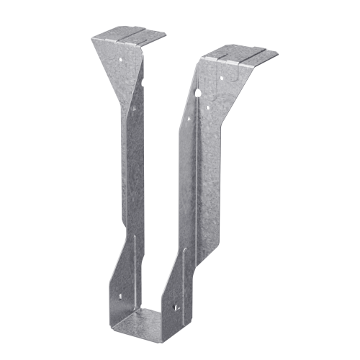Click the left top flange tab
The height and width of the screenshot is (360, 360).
(x=130, y=34)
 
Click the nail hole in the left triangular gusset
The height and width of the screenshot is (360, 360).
(x=122, y=54)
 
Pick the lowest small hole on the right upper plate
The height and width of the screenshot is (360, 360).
(x=208, y=109)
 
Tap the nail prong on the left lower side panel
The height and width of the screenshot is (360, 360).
(x=120, y=296)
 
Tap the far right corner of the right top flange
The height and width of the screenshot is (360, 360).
(x=278, y=53)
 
